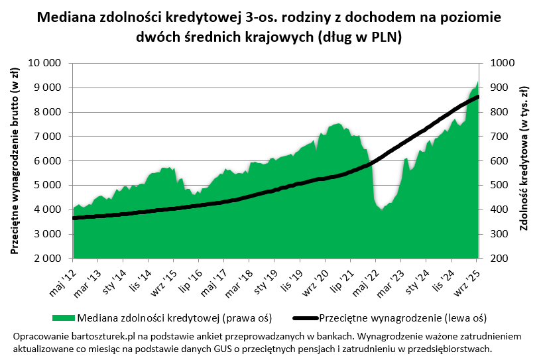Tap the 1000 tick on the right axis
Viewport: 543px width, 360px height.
502,63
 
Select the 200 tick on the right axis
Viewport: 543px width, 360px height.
499,259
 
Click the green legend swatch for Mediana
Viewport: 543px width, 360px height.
64,316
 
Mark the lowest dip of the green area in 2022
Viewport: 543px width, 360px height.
381,210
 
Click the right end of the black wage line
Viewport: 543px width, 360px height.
478,97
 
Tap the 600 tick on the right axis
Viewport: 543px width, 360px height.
499,161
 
